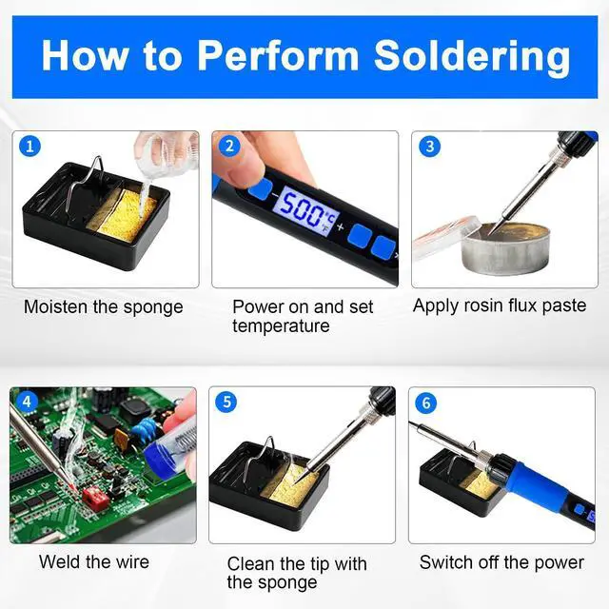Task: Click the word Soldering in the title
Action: (x=472, y=57)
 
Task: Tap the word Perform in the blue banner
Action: (x=278, y=56)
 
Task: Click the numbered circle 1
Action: (x=29, y=146)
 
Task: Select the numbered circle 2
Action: (x=229, y=146)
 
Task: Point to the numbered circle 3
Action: (x=429, y=146)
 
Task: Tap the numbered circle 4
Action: (x=27, y=402)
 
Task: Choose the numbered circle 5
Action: (x=226, y=402)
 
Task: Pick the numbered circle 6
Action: (x=426, y=403)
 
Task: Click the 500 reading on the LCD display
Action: (x=300, y=209)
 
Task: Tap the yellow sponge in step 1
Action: (x=124, y=215)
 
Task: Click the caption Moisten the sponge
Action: (x=104, y=307)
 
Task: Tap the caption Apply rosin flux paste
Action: (x=500, y=305)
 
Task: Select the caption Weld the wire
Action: (x=94, y=562)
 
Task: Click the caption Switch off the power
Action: (x=501, y=562)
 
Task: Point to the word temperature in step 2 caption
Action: (x=281, y=325)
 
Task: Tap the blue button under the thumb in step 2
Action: (x=260, y=188)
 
